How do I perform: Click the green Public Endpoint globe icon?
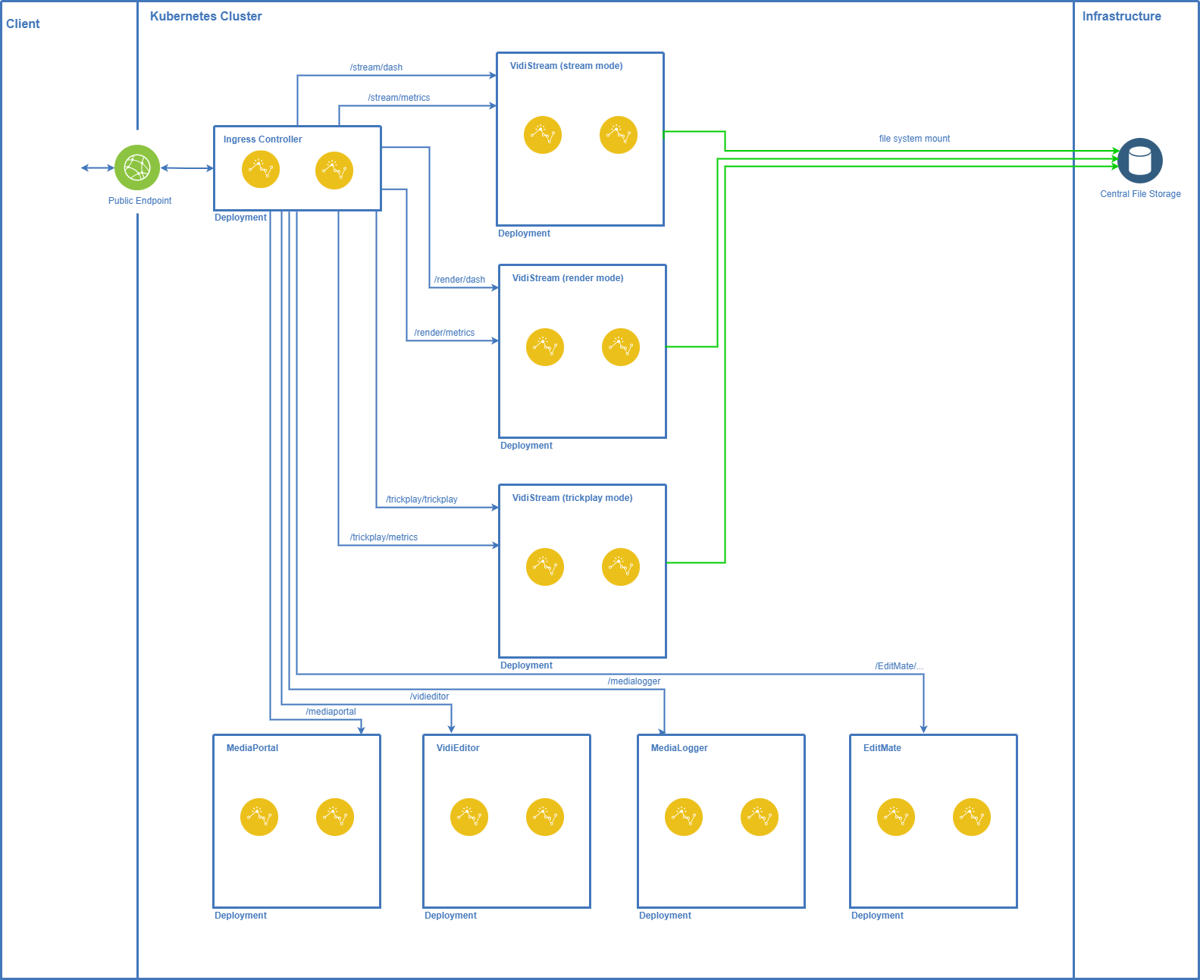(137, 168)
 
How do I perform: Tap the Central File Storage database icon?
(1139, 161)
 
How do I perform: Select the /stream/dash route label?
(376, 67)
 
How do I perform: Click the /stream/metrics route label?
(399, 98)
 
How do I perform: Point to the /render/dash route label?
(459, 280)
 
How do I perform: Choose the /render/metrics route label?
(444, 333)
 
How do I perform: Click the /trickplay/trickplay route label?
(421, 499)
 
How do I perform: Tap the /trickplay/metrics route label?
(384, 537)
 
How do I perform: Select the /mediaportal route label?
(331, 712)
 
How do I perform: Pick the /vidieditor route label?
(429, 697)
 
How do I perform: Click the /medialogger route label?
(634, 681)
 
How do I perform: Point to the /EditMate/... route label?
(899, 666)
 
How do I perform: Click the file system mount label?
(914, 139)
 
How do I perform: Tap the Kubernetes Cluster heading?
(205, 16)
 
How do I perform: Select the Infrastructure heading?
(1121, 16)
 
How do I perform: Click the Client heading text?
(23, 23)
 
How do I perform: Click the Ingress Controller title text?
(262, 139)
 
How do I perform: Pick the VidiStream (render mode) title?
(567, 278)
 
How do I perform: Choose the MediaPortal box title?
(252, 748)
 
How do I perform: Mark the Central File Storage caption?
(1140, 194)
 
